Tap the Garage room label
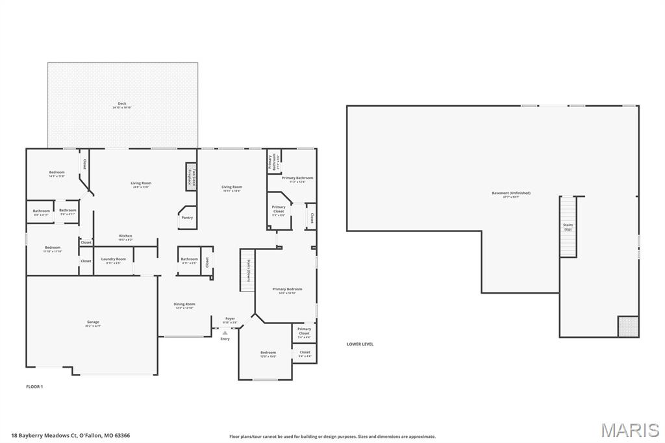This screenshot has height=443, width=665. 94,323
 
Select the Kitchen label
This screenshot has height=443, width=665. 125,237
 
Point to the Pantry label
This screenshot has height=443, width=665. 187,218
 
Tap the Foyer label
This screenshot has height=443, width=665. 230,320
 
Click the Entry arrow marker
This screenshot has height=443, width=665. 225,332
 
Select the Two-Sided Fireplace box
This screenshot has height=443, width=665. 192,176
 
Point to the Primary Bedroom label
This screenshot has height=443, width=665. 286,290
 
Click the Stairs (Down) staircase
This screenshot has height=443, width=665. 247,270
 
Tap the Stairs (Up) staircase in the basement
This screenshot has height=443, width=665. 568,227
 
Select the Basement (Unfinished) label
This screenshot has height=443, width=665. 510,194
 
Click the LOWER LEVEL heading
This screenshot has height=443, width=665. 360,344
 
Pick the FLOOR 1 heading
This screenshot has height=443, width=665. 34,386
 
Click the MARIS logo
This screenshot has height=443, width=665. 630,429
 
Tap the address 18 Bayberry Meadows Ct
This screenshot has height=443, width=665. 70,435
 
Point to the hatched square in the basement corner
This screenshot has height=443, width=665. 628,326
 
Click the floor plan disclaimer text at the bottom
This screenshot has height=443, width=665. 332,437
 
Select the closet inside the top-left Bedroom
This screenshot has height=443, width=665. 84,166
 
